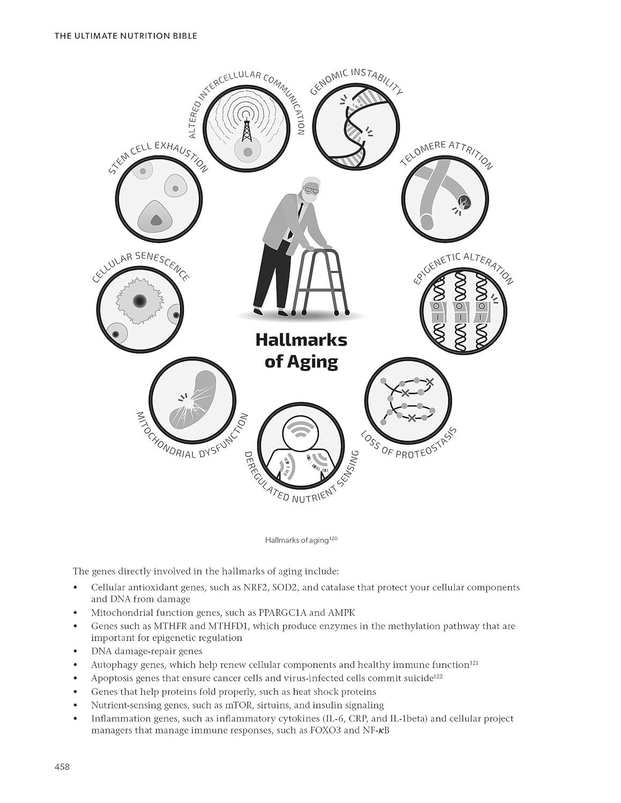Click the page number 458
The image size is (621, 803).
coord(62,767)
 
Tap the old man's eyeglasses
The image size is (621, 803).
coord(311,190)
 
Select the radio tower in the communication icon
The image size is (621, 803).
coord(247,123)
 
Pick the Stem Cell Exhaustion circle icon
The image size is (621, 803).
coord(159,199)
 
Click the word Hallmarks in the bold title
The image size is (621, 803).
coord(301,340)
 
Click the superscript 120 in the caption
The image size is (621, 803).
coord(333,538)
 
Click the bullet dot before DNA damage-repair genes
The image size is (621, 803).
coord(76,652)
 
